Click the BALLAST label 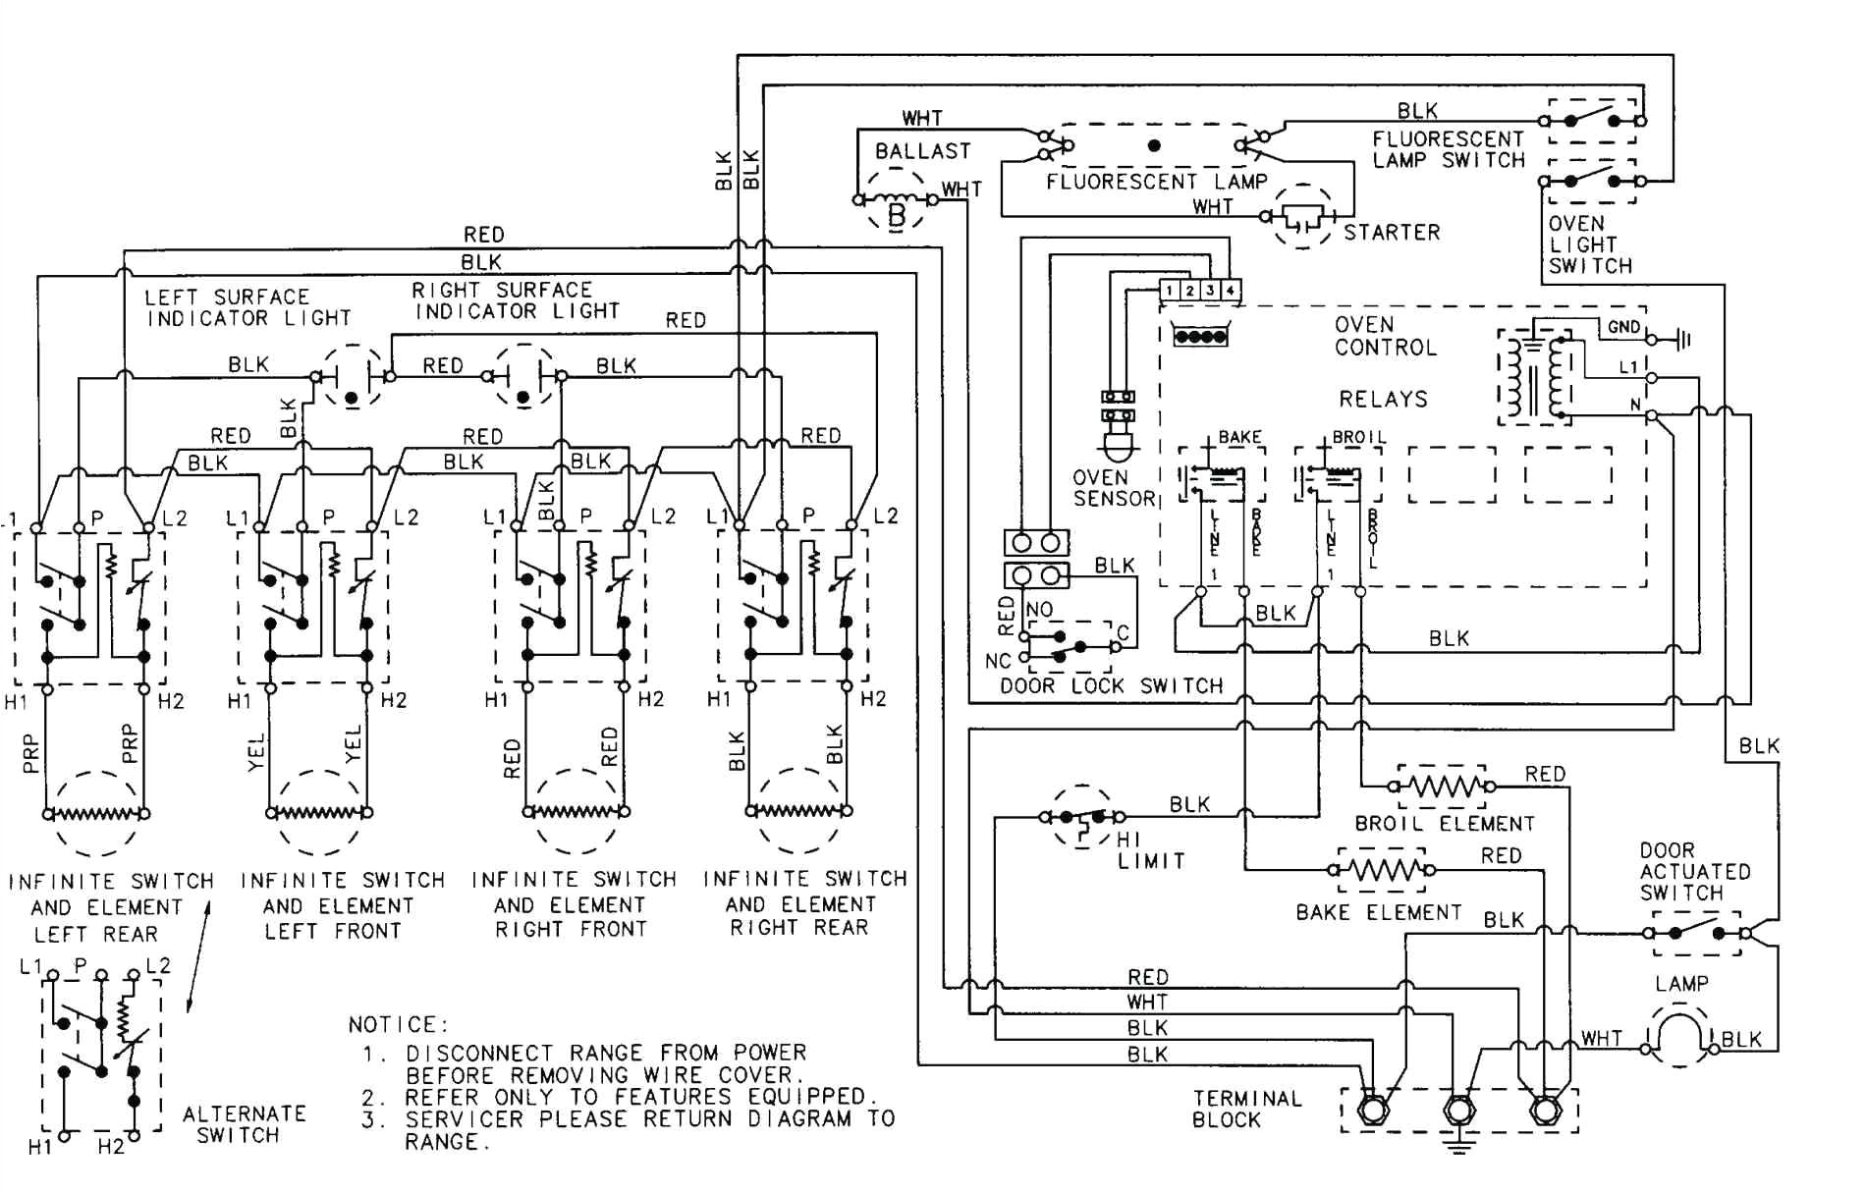click(922, 151)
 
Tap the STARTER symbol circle click(1303, 216)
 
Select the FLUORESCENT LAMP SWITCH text click(1448, 149)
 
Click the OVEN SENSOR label click(1114, 488)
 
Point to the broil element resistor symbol click(1442, 786)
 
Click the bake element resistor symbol click(1380, 869)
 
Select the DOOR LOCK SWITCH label click(1111, 685)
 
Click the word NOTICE click(398, 1025)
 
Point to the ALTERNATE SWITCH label click(244, 1124)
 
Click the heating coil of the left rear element click(95, 813)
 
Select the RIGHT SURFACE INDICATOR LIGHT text click(517, 300)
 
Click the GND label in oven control click(1623, 327)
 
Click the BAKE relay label click(1239, 437)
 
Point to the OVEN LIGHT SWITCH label click(1589, 245)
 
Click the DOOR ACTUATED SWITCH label click(1694, 871)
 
